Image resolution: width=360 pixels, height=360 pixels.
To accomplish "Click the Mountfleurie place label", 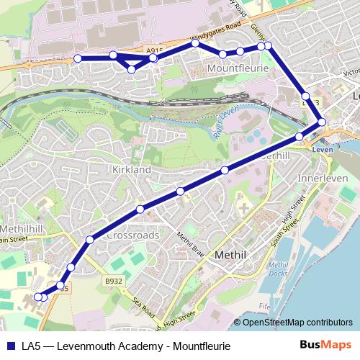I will click(237, 68).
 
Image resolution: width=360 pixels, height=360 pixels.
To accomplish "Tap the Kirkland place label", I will click(131, 169).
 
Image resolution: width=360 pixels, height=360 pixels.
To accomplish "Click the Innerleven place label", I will click(322, 178).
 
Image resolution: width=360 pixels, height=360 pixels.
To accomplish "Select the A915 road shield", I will click(152, 51).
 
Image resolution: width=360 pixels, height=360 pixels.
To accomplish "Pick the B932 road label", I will click(112, 281).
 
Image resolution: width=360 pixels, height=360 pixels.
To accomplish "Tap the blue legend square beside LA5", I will click(10, 346).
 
